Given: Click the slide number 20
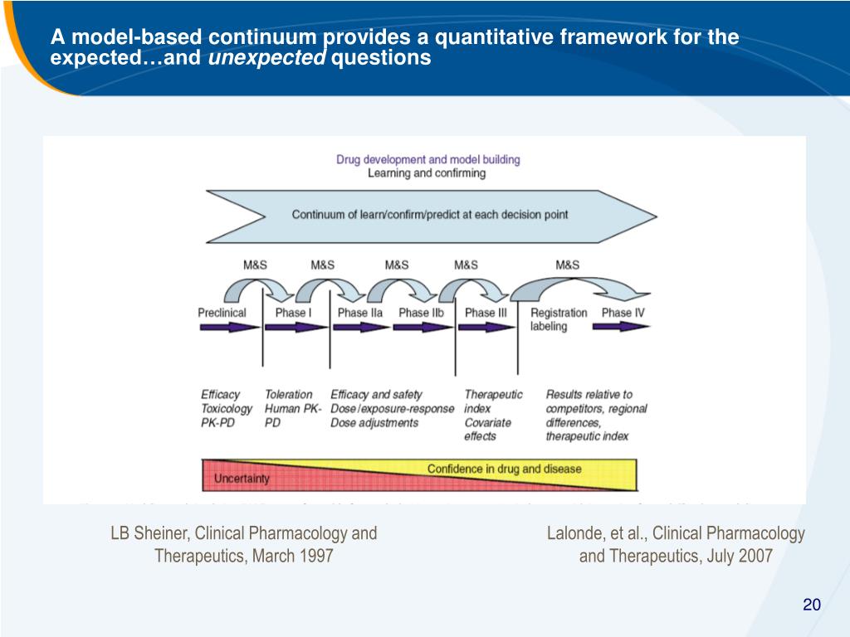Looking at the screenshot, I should (x=811, y=605).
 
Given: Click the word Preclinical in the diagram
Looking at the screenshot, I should (x=222, y=313).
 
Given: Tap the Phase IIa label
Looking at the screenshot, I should (x=359, y=313).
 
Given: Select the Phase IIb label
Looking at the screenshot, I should (x=426, y=313).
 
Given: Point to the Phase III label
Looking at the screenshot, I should (x=486, y=313).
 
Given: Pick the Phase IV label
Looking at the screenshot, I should (x=623, y=313).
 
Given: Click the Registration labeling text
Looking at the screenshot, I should (x=558, y=319).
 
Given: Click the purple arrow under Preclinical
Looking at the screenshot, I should (x=229, y=328).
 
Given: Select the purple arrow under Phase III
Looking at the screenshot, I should (x=486, y=328).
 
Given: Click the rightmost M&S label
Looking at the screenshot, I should (x=567, y=265).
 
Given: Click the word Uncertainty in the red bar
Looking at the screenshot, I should (x=242, y=479).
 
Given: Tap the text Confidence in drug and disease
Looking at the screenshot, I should (x=504, y=469).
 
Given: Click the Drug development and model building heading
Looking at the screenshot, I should (x=428, y=159).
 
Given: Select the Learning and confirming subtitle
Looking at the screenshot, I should (x=427, y=173).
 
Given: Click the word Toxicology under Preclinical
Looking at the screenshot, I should (x=227, y=409).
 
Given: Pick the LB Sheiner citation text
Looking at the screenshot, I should (x=244, y=544).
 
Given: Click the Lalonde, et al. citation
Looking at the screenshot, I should (x=676, y=544).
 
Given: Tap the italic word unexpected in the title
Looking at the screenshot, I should (x=266, y=58).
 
